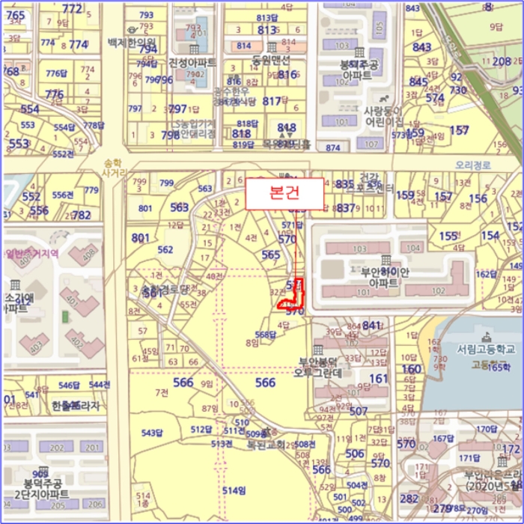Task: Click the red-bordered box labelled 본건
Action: point(284,193)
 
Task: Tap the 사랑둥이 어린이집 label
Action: point(384,116)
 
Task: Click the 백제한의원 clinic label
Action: point(132,42)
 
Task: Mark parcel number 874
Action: point(332,147)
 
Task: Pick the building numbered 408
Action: point(90,254)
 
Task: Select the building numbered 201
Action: point(91,447)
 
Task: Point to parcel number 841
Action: point(371,325)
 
